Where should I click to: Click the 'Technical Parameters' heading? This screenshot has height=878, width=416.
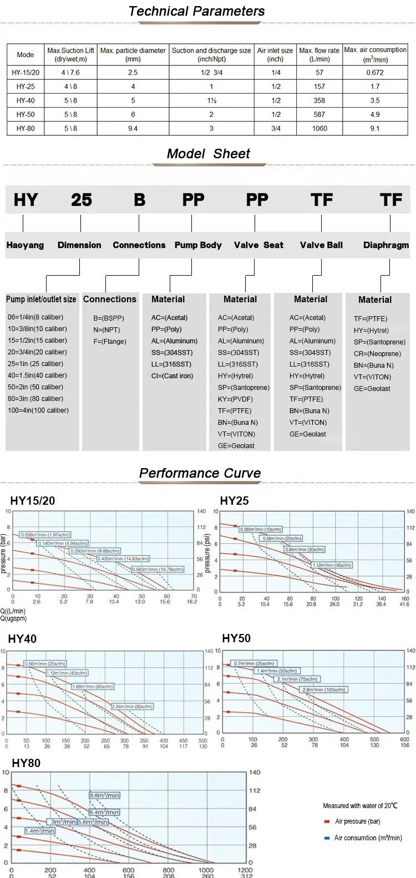(196, 11)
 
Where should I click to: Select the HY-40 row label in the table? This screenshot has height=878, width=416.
(26, 100)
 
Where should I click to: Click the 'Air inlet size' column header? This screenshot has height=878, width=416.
(275, 54)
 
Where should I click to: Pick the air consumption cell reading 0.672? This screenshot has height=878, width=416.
(375, 72)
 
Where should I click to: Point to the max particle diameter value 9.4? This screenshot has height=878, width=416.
(133, 128)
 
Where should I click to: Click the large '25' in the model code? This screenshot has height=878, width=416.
(82, 200)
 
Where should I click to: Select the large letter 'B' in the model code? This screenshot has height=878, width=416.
(139, 200)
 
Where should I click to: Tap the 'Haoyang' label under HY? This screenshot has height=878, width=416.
(25, 245)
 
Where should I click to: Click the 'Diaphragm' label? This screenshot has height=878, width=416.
(386, 245)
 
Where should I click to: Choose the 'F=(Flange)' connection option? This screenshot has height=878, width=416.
(110, 342)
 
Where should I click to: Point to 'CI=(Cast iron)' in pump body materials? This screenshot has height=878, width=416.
(172, 376)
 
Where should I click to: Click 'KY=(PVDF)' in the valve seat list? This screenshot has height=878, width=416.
(235, 399)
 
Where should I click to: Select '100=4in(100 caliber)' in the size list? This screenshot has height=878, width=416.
(38, 410)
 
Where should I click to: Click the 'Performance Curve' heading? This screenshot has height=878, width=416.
(200, 473)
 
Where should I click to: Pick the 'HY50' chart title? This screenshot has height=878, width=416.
(236, 638)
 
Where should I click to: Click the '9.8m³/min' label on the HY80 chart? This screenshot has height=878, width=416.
(104, 795)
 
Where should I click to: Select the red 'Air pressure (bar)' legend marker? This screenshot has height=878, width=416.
(327, 822)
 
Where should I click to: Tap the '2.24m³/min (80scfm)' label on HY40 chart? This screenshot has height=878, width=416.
(132, 707)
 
